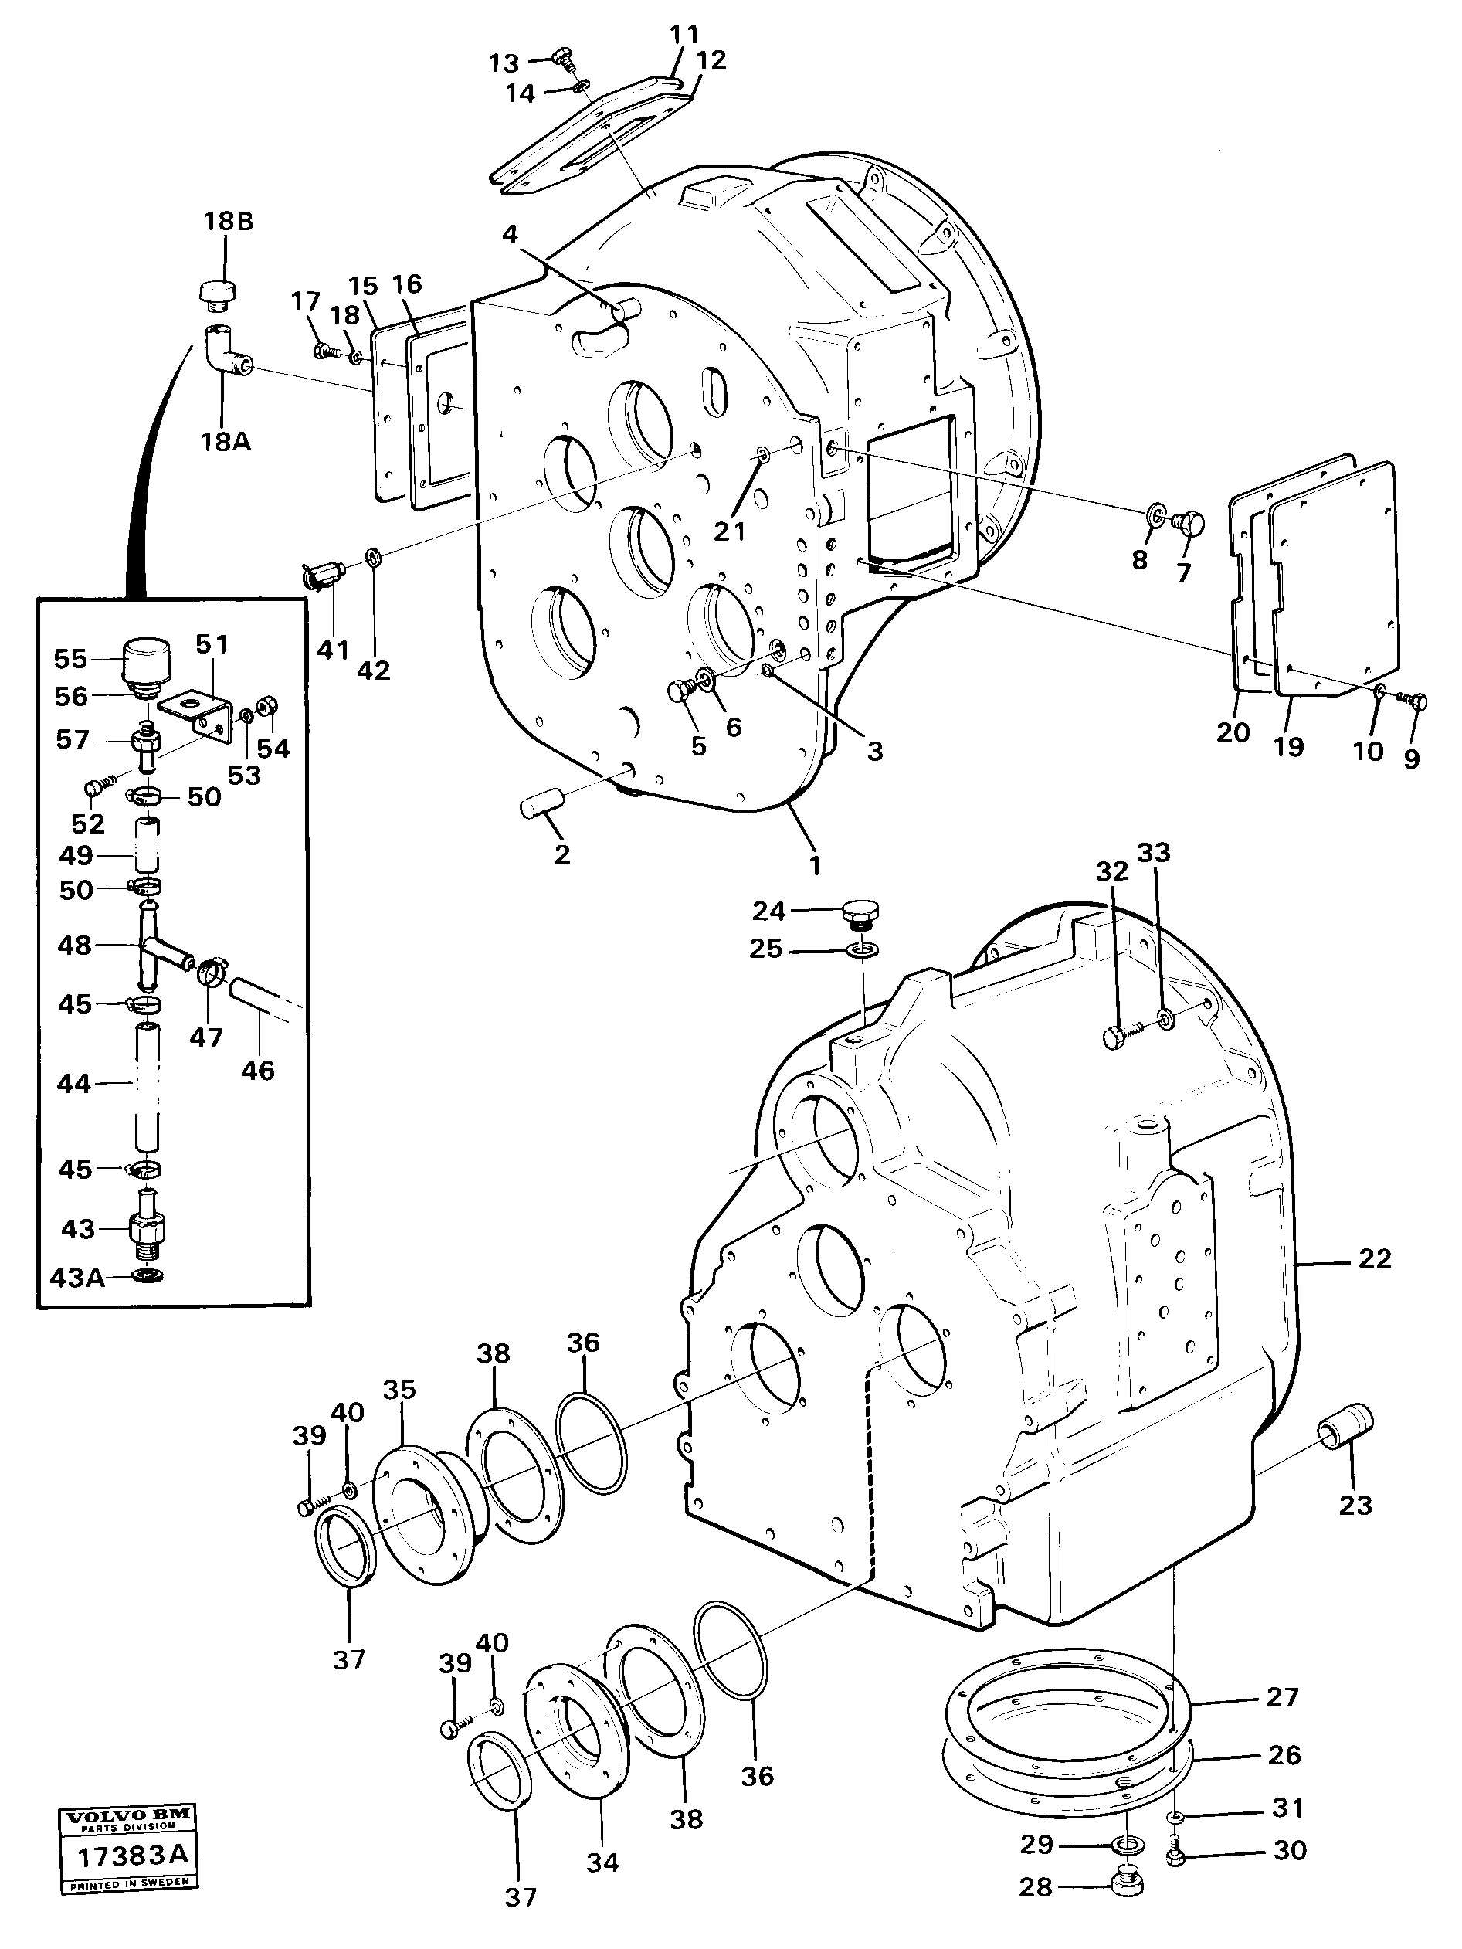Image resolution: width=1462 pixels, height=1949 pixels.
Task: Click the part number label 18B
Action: tap(228, 221)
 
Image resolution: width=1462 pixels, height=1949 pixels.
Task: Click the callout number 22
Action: tap(1374, 1258)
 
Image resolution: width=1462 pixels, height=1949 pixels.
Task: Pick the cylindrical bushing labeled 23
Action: tap(1345, 1447)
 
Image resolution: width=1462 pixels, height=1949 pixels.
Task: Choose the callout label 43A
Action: tap(77, 1277)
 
